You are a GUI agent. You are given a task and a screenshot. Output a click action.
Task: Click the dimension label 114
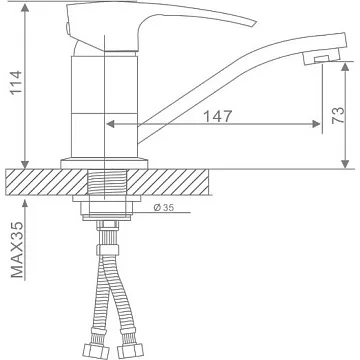point(17,82)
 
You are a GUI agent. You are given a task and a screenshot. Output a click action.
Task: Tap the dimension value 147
point(217,116)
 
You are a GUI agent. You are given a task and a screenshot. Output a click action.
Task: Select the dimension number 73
point(338,115)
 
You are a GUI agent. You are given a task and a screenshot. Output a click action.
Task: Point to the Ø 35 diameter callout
point(164,207)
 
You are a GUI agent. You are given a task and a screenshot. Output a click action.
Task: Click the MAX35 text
point(17,249)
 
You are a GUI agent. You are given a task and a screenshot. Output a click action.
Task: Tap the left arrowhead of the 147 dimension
point(110,124)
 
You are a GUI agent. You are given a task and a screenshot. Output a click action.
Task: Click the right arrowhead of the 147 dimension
point(316,124)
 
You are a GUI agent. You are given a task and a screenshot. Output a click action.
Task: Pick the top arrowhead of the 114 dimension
point(25,7)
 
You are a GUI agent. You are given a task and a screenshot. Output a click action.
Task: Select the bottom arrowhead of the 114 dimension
point(25,164)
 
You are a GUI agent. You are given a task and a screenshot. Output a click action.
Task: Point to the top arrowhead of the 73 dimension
point(345,66)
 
